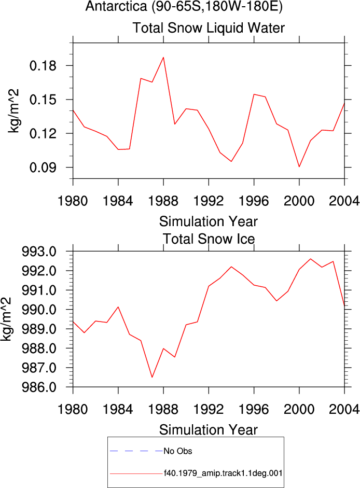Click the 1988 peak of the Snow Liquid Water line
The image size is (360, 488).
point(163,57)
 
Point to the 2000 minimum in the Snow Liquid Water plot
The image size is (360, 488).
point(299,167)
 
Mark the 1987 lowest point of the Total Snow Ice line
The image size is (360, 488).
point(152,377)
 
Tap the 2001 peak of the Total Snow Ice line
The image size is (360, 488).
point(311,259)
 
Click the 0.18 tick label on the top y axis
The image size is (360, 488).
point(43,66)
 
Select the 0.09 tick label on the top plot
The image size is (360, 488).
point(43,168)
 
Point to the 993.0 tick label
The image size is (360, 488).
point(39,252)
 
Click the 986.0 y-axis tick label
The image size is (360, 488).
point(39,387)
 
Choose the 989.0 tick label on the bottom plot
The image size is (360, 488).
point(39,329)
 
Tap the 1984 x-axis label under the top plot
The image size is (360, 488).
point(118,201)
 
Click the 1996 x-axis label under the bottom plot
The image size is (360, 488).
point(254,409)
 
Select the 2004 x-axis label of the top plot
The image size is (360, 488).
point(344,201)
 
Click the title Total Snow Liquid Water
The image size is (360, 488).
point(209,27)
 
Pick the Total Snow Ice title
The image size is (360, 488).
point(209,239)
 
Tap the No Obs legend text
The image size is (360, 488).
point(178,451)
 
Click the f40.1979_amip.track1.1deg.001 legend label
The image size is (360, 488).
point(223,473)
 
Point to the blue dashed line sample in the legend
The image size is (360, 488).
point(136,451)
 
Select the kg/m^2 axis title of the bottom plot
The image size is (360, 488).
point(6,319)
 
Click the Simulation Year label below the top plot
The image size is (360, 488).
point(209,221)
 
